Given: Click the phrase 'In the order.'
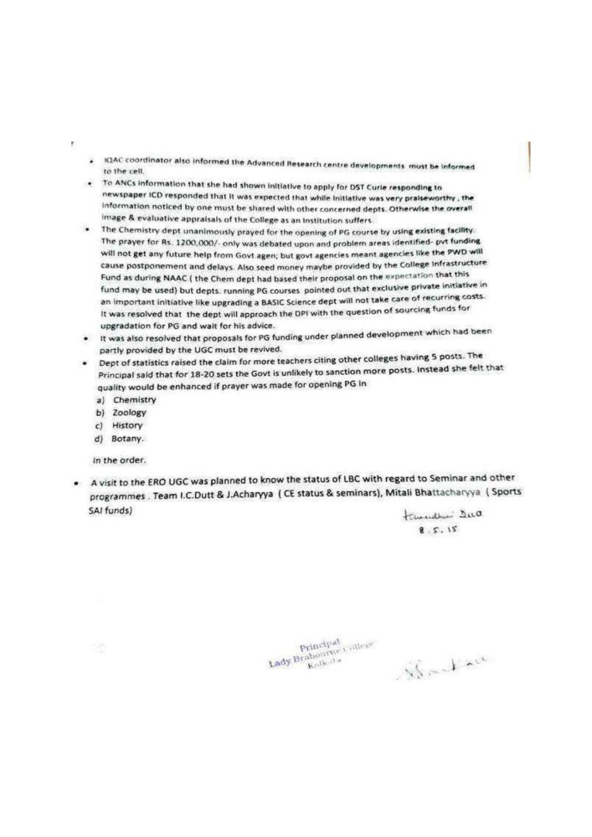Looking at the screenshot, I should (119, 460).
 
